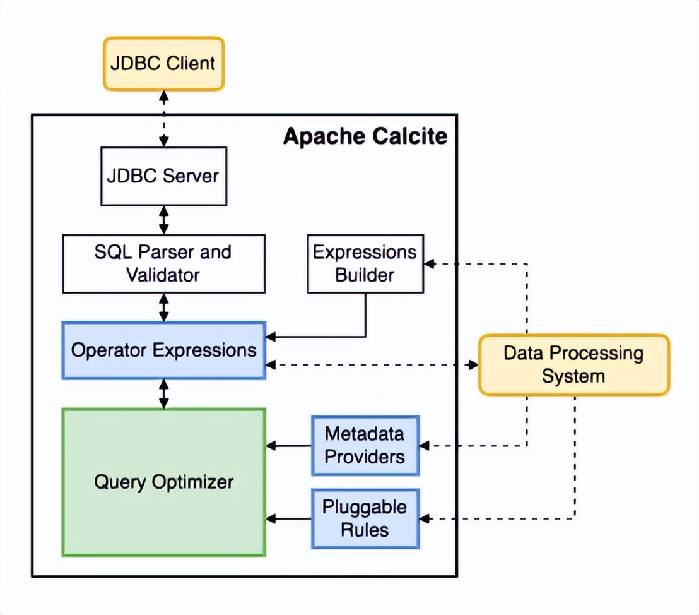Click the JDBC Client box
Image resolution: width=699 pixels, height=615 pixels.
click(x=163, y=64)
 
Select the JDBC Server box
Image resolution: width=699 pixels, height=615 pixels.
click(x=163, y=176)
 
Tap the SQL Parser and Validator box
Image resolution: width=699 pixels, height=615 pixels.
click(x=163, y=264)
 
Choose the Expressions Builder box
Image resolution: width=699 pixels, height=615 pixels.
click(x=365, y=264)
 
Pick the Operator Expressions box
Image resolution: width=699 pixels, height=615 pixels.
click(x=163, y=350)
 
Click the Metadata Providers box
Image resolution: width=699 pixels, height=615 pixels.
click(x=365, y=445)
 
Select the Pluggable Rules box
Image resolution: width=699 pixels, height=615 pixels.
click(x=365, y=518)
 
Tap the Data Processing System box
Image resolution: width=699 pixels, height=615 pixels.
click(x=574, y=364)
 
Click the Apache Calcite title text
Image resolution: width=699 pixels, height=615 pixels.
click(x=365, y=136)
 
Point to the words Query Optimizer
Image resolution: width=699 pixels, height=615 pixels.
click(x=163, y=482)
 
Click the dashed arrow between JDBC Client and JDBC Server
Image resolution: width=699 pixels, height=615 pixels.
click(x=163, y=119)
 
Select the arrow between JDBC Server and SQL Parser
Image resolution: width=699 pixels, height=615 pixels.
click(x=163, y=220)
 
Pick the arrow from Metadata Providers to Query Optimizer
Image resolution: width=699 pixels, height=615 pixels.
click(x=288, y=445)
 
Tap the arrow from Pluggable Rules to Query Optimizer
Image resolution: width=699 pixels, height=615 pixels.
click(x=288, y=518)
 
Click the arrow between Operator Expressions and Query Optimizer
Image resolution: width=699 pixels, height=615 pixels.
click(x=163, y=394)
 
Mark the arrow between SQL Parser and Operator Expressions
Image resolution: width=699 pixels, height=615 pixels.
click(x=163, y=307)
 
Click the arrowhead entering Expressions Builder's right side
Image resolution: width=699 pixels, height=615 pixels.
click(x=429, y=264)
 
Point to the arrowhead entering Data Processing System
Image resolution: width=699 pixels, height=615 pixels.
click(x=473, y=365)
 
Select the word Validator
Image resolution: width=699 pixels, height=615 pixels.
click(x=163, y=275)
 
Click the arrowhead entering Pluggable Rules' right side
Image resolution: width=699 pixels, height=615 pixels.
click(x=425, y=518)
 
